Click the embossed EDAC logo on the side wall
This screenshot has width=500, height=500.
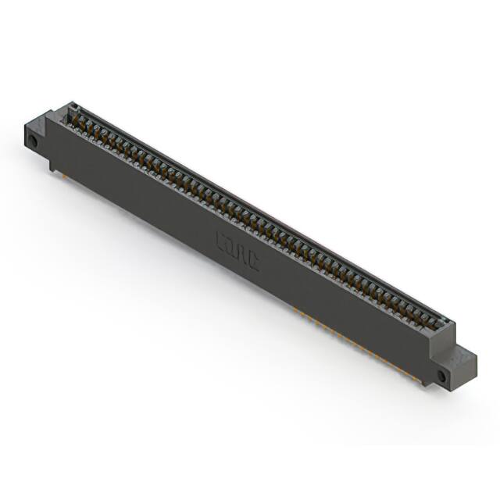[x=237, y=252]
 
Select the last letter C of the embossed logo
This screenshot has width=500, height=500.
[x=253, y=262]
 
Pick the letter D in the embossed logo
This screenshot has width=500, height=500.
[x=231, y=248]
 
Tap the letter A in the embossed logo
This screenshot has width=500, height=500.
[x=242, y=255]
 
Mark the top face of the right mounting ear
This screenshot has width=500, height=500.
[x=466, y=355]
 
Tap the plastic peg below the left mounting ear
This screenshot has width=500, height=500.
[x=51, y=163]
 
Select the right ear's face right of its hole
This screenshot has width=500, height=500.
[x=462, y=373]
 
